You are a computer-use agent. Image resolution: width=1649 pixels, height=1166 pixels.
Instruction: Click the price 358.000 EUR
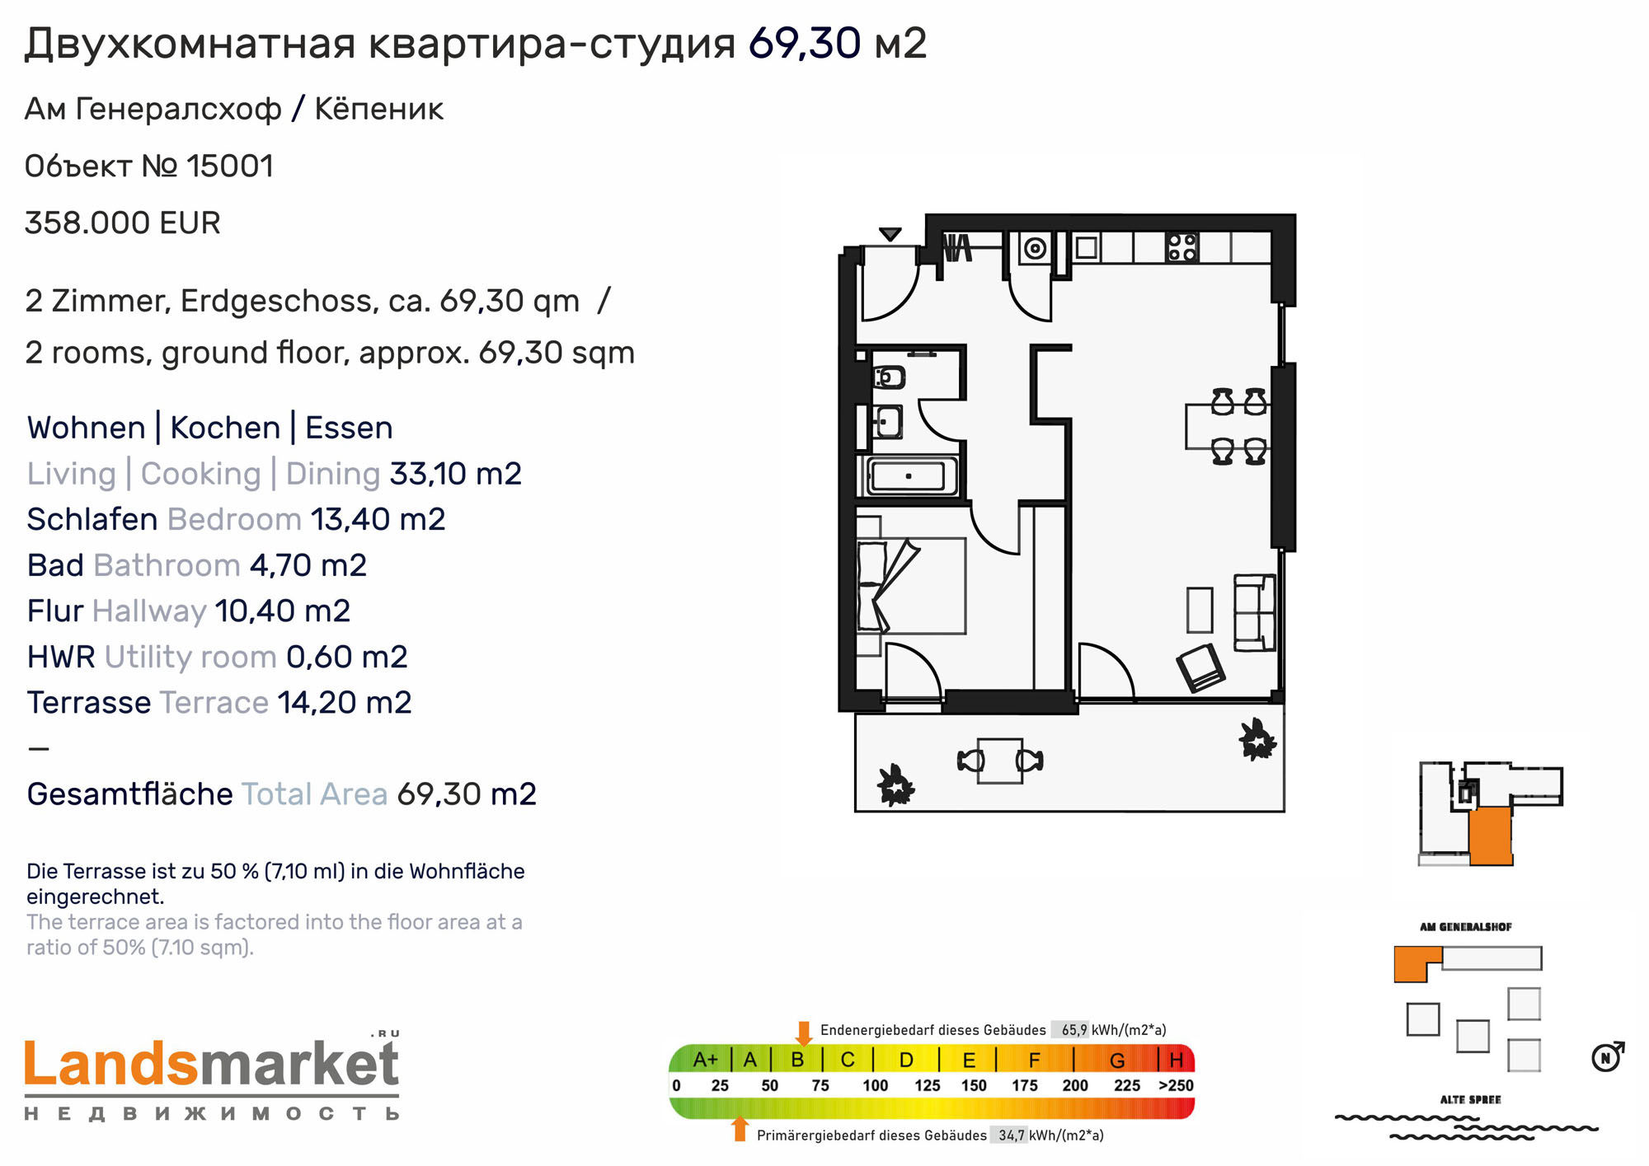pyautogui.click(x=123, y=223)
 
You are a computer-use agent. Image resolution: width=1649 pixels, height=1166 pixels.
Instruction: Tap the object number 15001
pyautogui.click(x=230, y=166)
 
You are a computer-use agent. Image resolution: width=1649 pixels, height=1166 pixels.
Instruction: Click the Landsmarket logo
pyautogui.click(x=212, y=1076)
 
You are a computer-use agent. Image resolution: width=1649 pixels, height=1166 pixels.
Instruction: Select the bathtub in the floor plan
pyautogui.click(x=908, y=476)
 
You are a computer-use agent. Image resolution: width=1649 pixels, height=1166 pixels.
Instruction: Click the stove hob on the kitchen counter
pyautogui.click(x=1182, y=247)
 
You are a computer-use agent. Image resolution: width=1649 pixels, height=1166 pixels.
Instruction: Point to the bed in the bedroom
pyautogui.click(x=911, y=586)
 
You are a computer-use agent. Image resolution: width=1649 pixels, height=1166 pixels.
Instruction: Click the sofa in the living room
pyautogui.click(x=1254, y=612)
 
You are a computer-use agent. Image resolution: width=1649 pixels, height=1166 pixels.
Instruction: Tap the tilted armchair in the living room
pyautogui.click(x=1201, y=667)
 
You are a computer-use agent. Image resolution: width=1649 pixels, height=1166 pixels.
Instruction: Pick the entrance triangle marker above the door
pyautogui.click(x=890, y=234)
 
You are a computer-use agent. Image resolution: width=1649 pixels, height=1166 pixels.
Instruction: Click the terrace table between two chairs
pyautogui.click(x=1000, y=761)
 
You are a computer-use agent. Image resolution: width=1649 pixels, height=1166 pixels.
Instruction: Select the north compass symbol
pyautogui.click(x=1607, y=1056)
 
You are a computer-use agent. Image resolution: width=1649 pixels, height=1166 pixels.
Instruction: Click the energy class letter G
pyautogui.click(x=1117, y=1061)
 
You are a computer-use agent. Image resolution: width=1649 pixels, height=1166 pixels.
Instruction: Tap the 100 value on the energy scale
pyautogui.click(x=875, y=1086)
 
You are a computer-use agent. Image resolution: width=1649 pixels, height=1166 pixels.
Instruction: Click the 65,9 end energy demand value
pyautogui.click(x=1073, y=1030)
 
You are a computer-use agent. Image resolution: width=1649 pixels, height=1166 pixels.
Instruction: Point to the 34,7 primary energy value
pyautogui.click(x=1011, y=1136)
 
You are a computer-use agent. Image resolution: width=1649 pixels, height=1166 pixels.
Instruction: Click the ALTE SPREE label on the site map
pyautogui.click(x=1470, y=1100)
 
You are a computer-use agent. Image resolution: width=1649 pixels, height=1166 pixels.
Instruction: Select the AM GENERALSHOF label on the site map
pyautogui.click(x=1466, y=927)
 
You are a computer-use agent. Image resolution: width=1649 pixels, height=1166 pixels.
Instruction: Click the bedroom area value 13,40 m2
pyautogui.click(x=378, y=520)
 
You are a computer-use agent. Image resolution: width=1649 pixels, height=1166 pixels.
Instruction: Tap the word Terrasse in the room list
pyautogui.click(x=89, y=703)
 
